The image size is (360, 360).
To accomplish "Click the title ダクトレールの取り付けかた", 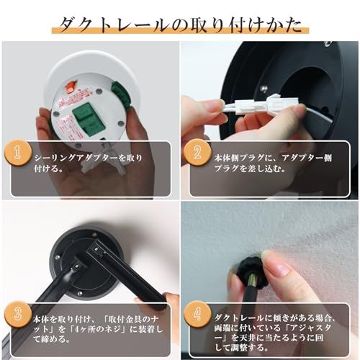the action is click(180, 25).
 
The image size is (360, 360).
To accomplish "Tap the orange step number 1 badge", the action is click(17, 153).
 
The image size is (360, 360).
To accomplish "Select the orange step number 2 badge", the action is click(197, 153).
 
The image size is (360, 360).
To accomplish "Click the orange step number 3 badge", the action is click(17, 315).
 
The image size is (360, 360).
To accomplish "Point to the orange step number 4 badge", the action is click(197, 315).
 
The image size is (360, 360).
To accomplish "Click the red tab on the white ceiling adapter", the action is click(71, 86).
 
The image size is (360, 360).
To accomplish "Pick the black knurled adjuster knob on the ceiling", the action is click(251, 272).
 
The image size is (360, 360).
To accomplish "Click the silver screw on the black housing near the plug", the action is click(264, 89).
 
